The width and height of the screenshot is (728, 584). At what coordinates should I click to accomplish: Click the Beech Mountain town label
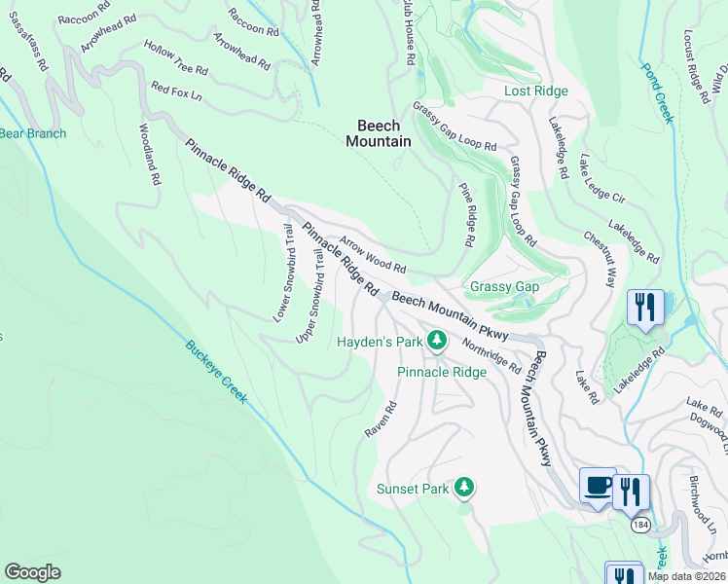point(379,133)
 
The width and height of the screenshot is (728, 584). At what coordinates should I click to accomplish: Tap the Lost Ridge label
point(535,91)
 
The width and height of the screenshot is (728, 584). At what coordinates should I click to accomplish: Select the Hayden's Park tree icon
point(438,340)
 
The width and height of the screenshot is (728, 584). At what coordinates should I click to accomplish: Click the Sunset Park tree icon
point(465,486)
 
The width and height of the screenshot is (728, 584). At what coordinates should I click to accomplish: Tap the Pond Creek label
point(657,93)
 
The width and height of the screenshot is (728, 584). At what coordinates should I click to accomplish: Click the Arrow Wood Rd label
point(372,253)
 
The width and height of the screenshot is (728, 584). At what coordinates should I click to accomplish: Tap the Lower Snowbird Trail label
point(283,274)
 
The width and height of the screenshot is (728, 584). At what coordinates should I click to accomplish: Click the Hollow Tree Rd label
point(176,58)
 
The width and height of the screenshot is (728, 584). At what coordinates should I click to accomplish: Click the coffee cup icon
point(597,484)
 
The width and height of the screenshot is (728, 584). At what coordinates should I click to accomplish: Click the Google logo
point(33,572)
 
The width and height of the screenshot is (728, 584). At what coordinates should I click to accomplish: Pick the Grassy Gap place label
point(504,287)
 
